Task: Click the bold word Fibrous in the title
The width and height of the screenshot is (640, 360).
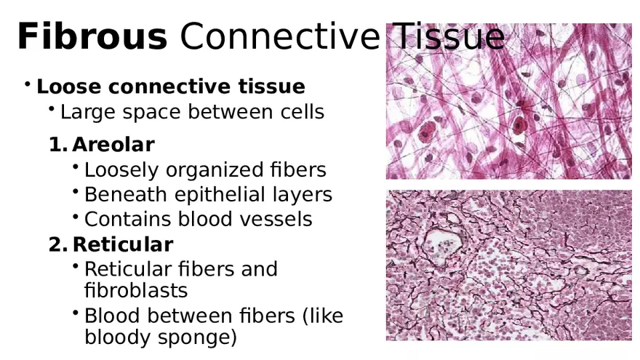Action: tap(92, 36)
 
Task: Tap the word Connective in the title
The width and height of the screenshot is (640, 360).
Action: tap(279, 36)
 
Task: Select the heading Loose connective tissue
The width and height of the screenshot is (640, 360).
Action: tap(171, 87)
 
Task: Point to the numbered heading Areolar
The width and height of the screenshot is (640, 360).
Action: tap(113, 144)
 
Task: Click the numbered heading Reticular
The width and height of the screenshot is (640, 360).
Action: tap(123, 244)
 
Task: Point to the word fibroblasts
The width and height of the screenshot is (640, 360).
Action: tap(136, 290)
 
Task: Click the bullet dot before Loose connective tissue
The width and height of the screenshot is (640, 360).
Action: tap(27, 85)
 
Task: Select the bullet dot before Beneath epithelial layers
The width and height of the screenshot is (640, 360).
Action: tap(76, 193)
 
